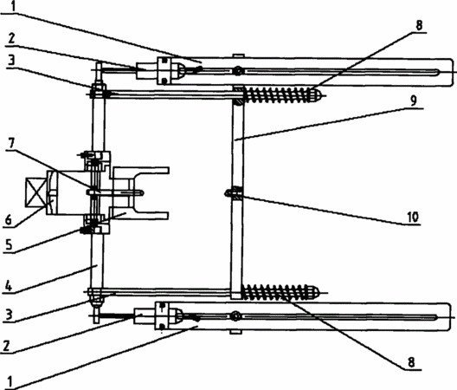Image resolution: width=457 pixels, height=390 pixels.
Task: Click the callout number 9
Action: click(414, 101)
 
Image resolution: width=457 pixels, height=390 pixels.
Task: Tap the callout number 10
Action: click(412, 217)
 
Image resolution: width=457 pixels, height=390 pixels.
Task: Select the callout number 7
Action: click(10, 143)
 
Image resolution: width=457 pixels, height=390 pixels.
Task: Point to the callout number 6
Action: click(8, 219)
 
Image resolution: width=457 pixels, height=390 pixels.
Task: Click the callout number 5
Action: click(9, 244)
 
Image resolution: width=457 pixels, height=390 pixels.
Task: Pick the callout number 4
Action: click(9, 286)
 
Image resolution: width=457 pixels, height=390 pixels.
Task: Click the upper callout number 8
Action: click(419, 25)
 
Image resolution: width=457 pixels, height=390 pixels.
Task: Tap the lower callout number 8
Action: click(411, 362)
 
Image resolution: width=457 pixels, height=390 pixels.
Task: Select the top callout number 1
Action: click(13, 6)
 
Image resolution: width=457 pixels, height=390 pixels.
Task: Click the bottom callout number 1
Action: click(10, 382)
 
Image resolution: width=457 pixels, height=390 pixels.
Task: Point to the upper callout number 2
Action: click(11, 38)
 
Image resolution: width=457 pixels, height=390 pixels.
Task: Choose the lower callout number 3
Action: click(9, 315)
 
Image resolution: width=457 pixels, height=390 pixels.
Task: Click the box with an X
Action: click(35, 192)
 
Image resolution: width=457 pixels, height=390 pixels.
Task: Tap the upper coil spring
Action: click(276, 95)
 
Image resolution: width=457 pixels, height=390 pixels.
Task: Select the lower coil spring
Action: click(274, 292)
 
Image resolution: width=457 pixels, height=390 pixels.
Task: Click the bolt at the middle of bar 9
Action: click(234, 193)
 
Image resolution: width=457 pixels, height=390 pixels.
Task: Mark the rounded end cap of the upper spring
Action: click(316, 95)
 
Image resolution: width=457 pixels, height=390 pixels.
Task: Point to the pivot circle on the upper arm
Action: click(238, 71)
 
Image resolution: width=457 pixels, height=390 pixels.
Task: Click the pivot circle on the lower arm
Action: click(235, 316)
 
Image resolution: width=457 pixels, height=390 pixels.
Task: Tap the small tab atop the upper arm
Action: click(238, 55)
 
